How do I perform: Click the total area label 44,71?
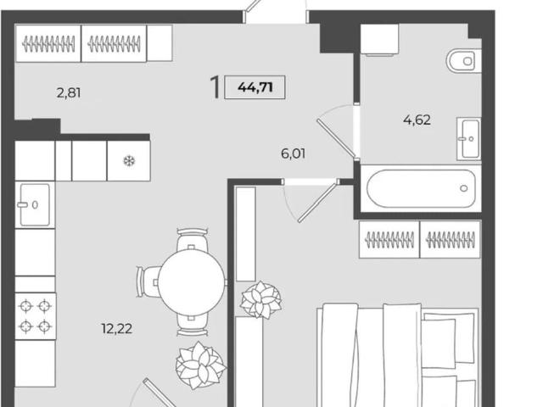tap(255, 87)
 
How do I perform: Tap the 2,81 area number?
tap(69, 92)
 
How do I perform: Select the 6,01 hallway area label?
tap(294, 153)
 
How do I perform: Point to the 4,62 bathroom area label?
tap(417, 120)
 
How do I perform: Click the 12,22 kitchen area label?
tap(117, 328)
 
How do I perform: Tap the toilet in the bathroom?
tap(464, 61)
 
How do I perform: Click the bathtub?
tap(422, 188)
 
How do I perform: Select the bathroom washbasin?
tap(468, 139)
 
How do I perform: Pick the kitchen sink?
tap(35, 205)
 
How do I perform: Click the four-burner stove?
tap(36, 316)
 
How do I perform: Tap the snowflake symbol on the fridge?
tap(129, 161)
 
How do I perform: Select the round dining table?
tap(192, 282)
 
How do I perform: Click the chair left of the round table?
tap(148, 282)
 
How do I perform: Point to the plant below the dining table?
tap(200, 365)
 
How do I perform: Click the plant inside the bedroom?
tap(260, 300)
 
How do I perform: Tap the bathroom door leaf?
tap(336, 138)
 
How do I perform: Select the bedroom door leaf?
tap(317, 202)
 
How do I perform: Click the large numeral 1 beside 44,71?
tap(216, 87)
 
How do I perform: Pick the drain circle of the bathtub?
tap(464, 188)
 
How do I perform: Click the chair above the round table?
tap(193, 240)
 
